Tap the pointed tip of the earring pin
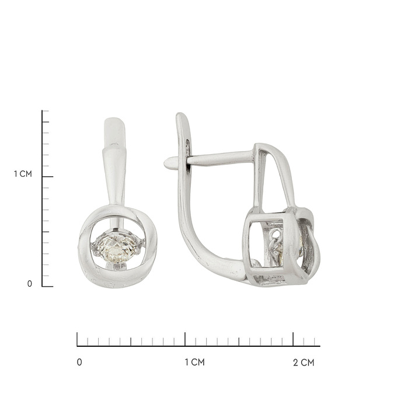click(165, 163)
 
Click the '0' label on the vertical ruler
click(30, 284)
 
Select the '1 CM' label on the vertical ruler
click(23, 174)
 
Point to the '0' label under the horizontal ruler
click(79, 363)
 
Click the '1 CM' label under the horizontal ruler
click(194, 363)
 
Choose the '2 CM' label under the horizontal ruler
click(304, 363)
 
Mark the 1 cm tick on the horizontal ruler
click(185, 339)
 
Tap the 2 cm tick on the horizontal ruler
click(293, 339)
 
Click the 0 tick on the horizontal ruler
click(77, 339)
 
